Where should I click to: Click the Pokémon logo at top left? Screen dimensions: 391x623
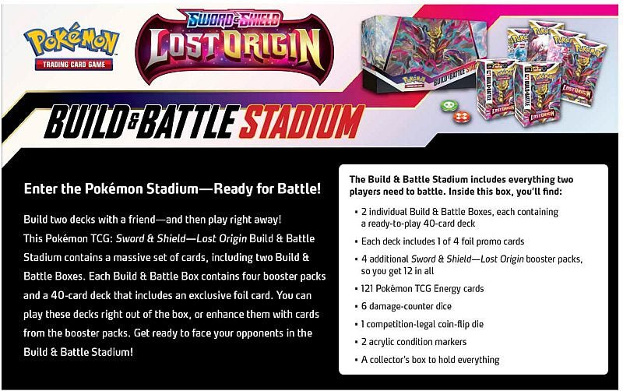(71, 42)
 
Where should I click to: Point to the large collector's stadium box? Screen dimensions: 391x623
(417, 55)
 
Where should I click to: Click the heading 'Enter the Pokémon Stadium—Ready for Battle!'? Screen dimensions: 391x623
(172, 188)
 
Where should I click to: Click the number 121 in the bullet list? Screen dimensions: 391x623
(370, 288)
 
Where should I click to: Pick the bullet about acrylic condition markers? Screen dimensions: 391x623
(414, 342)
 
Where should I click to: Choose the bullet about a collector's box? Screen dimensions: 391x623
(430, 360)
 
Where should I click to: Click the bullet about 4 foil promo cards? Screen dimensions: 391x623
(442, 241)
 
